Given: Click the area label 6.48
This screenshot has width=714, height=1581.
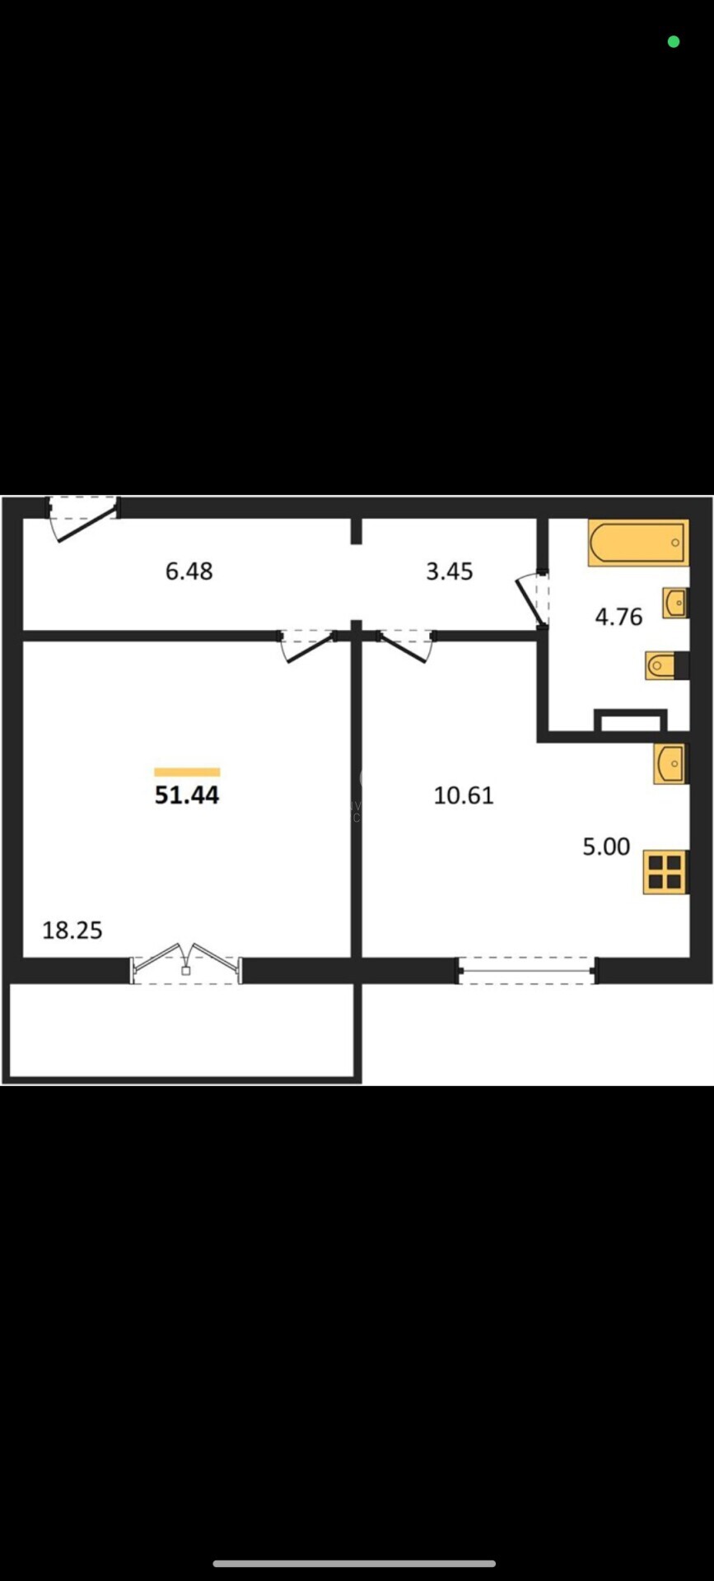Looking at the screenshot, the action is click(189, 571).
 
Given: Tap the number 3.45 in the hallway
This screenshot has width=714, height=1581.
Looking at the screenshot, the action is click(449, 571).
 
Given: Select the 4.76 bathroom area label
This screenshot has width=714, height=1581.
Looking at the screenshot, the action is click(618, 616).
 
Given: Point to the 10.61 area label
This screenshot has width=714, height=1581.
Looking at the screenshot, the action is click(464, 795).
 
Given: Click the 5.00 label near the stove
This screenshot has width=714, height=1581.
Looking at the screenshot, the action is click(606, 846).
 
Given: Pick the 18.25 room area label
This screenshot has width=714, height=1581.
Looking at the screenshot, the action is click(72, 930).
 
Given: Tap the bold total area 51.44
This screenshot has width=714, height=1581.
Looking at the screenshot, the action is click(187, 795).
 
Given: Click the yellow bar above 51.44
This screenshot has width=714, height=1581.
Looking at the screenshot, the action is click(187, 772).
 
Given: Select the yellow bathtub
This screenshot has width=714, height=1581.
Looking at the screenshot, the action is click(637, 543).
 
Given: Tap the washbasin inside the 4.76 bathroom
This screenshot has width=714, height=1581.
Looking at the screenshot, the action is click(675, 603).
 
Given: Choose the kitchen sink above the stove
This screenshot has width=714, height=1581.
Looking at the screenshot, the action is click(670, 764).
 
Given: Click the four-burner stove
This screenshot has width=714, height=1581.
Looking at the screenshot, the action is click(665, 871).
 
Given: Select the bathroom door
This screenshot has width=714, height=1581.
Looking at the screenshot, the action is click(532, 598).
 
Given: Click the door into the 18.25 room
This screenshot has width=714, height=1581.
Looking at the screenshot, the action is click(308, 646).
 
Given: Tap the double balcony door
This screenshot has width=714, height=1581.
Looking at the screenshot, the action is click(186, 963).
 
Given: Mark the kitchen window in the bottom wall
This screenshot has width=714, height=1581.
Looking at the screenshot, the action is click(526, 971).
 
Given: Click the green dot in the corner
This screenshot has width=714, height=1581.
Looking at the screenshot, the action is click(674, 41).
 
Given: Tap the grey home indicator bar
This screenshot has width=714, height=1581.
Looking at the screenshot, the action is click(354, 1563).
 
